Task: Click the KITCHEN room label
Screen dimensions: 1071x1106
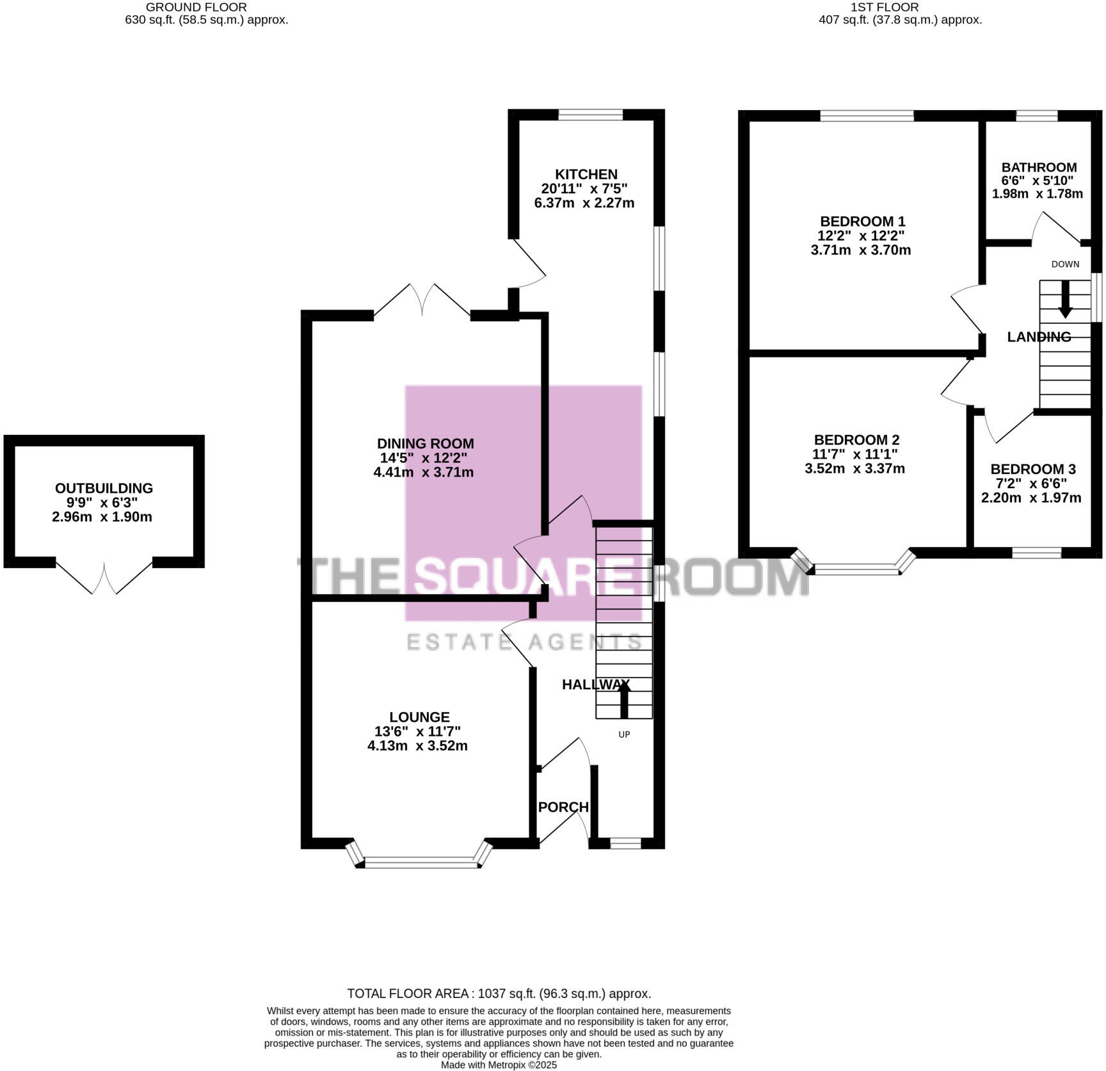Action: (586, 174)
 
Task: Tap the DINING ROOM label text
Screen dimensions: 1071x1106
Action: (425, 443)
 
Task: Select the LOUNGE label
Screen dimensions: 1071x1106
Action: (419, 717)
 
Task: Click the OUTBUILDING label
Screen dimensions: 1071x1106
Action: (104, 488)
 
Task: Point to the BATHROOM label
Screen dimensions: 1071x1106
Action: (1039, 167)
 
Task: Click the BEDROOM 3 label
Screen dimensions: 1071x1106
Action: (1032, 469)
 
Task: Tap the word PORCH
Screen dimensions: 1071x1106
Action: (563, 807)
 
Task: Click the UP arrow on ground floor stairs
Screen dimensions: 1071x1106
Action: (623, 701)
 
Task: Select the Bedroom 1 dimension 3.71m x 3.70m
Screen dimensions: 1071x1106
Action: (860, 250)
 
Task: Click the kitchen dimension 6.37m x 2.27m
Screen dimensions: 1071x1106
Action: (584, 203)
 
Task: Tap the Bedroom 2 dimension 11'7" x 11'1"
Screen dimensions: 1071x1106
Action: (855, 454)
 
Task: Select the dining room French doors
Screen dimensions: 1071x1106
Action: (422, 299)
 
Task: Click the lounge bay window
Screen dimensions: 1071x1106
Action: (420, 862)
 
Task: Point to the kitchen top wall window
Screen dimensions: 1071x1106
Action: (590, 115)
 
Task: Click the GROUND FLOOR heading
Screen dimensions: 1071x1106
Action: (196, 8)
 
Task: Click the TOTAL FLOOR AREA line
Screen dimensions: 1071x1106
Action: (499, 994)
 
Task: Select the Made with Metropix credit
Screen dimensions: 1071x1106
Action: (499, 1065)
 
